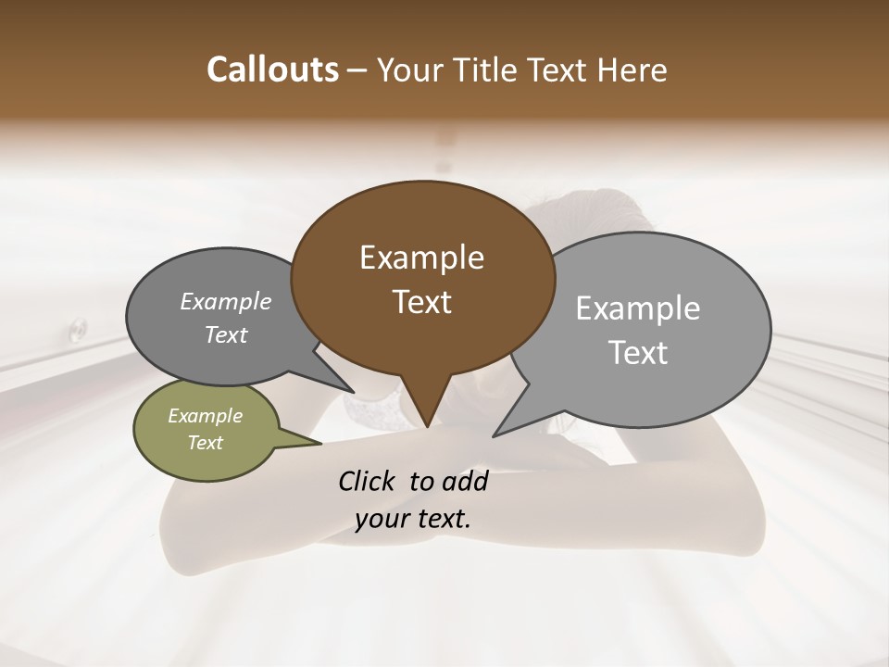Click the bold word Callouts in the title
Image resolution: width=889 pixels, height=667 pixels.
(272, 69)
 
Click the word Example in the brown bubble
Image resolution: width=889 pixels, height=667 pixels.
(421, 258)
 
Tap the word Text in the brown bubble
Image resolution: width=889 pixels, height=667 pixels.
(422, 302)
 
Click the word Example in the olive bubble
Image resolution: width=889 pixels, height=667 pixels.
(205, 416)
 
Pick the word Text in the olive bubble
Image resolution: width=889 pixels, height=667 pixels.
(205, 443)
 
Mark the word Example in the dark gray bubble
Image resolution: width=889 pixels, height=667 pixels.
(225, 301)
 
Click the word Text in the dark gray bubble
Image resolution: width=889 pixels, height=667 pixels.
(226, 334)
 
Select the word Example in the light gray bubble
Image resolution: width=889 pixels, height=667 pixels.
(638, 308)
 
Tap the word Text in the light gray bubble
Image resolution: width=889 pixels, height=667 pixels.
(639, 352)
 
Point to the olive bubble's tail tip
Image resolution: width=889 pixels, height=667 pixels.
(319, 444)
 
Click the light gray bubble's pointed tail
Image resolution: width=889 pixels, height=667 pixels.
(495, 434)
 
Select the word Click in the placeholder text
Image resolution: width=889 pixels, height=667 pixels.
(369, 481)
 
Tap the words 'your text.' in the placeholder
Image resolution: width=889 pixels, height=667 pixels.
(412, 520)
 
